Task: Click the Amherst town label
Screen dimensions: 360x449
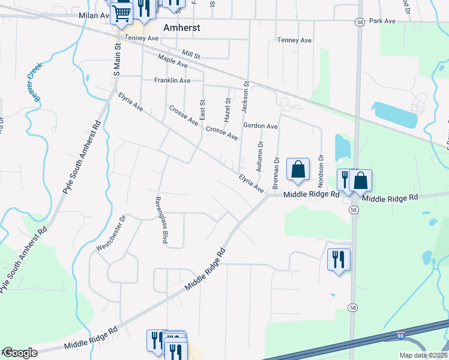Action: point(181,28)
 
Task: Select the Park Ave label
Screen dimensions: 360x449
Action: point(382,21)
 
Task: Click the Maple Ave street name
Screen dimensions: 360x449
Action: point(172,61)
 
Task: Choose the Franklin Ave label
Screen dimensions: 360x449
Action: point(172,80)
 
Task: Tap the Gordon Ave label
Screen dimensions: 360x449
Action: point(260,126)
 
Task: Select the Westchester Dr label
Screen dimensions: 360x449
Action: point(112,232)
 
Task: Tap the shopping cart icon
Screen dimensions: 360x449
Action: point(122,12)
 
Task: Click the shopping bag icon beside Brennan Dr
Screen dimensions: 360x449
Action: point(298,170)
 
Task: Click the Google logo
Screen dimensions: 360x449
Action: point(20,353)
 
